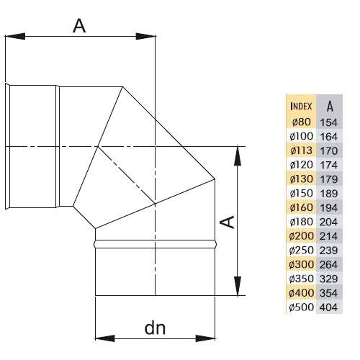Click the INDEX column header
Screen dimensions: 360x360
(301, 106)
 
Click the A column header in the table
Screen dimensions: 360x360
(330, 106)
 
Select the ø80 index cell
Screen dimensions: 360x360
(301, 122)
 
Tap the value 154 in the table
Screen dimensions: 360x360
(328, 122)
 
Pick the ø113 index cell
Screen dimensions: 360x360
(301, 150)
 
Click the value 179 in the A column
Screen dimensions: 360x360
(328, 179)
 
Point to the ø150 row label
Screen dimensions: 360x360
(301, 193)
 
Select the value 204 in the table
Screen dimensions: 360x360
(328, 222)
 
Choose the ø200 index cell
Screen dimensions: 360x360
(301, 236)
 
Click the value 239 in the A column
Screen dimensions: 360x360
(328, 251)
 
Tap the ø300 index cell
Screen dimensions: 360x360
(301, 264)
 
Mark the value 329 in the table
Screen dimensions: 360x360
(328, 279)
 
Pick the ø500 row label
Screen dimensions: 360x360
(301, 307)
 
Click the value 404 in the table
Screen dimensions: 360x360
(328, 307)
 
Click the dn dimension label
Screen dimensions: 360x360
(155, 328)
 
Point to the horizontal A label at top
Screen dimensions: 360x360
(79, 26)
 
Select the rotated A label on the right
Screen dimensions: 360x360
(228, 222)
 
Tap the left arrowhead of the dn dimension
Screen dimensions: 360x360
(105, 338)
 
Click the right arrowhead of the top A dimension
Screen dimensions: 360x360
(145, 37)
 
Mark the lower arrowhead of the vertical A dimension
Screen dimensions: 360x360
(238, 286)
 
